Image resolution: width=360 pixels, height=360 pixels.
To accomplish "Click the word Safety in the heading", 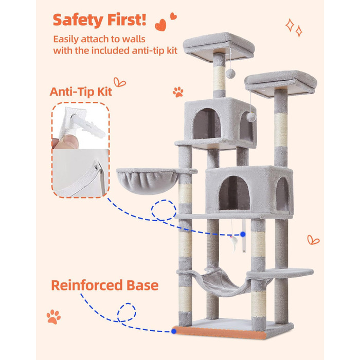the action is pos(78,20).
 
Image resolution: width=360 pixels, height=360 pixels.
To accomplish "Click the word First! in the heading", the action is pos(127,20).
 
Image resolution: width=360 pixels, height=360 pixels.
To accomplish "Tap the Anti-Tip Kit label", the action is pos(81,92).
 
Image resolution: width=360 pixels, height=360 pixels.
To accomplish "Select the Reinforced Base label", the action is pos(105,285).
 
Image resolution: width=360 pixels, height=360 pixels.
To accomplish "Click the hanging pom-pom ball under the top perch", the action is pos(230,74).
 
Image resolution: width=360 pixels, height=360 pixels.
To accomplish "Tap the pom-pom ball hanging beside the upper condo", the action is pos(251,117).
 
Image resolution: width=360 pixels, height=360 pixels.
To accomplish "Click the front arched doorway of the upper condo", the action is pos(207,124).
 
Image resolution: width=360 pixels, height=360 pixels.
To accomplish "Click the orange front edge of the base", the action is pos(219,332).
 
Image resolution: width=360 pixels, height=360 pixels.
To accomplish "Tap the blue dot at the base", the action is pos(174,331).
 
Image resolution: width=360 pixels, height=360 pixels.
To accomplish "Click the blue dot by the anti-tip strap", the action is pos(243,234).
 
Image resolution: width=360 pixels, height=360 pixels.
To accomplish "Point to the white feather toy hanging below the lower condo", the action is pos(234,243).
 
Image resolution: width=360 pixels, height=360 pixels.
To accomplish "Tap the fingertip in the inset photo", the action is pos(68,141).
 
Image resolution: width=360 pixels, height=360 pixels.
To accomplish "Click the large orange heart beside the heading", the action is pos(160,25).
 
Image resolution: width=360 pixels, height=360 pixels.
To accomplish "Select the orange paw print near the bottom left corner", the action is pos(53,317).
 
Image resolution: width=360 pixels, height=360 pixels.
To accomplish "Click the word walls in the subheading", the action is pos(134,39).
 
